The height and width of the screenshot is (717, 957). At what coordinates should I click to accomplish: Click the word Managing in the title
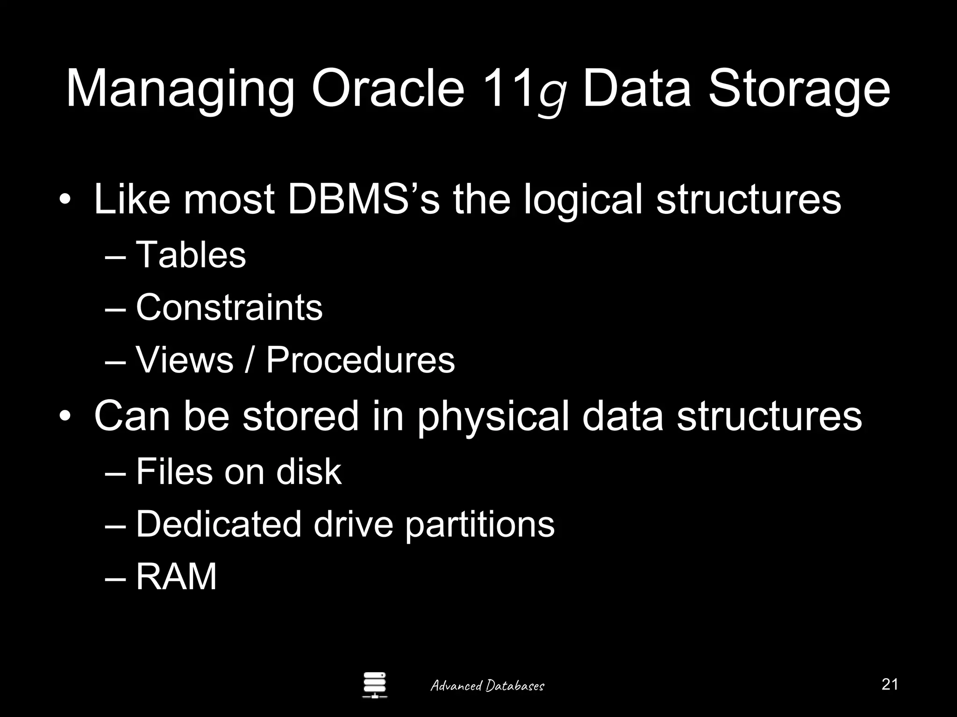click(x=180, y=90)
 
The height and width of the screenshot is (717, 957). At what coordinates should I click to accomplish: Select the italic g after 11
click(x=553, y=96)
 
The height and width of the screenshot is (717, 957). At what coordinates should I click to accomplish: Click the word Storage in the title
click(x=799, y=90)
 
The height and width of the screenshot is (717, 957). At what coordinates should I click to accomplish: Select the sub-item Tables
click(x=191, y=255)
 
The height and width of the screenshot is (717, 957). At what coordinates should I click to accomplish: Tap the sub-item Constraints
click(x=229, y=308)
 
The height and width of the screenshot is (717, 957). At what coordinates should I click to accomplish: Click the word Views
click(x=184, y=360)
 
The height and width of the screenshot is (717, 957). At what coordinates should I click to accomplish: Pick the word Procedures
click(x=360, y=360)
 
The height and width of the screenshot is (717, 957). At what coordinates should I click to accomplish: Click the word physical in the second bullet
click(x=493, y=417)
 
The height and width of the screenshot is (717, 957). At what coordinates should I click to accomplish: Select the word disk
click(x=308, y=471)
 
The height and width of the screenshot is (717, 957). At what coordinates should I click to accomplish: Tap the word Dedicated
click(x=218, y=524)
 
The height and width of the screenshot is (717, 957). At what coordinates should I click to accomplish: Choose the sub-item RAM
click(x=176, y=577)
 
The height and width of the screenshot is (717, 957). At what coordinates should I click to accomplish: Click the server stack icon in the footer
click(x=375, y=685)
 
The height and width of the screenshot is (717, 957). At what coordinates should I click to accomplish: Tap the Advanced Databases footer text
click(x=487, y=686)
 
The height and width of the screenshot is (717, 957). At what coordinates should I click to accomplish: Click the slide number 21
click(x=890, y=684)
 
